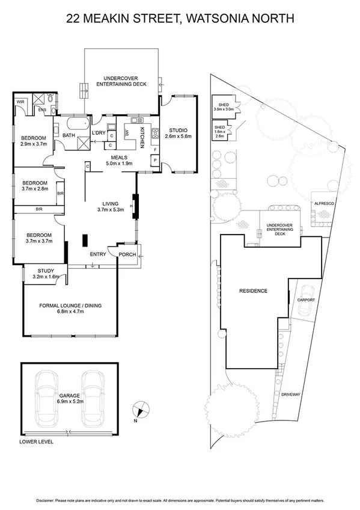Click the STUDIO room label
(x=178, y=133)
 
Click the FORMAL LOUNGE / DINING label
(x=70, y=309)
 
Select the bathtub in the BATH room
(x=75, y=126)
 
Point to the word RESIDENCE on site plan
(x=252, y=290)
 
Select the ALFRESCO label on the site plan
(x=324, y=204)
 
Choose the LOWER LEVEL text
(x=37, y=441)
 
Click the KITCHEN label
(x=142, y=138)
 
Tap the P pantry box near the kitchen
(x=155, y=160)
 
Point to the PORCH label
(x=127, y=254)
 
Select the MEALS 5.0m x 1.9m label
(x=120, y=160)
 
